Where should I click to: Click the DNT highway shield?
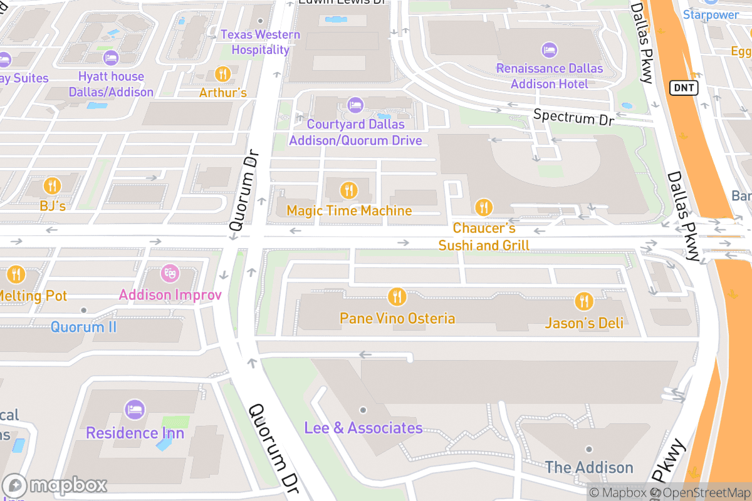click(x=684, y=88)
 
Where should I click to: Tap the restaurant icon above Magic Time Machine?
click(x=348, y=190)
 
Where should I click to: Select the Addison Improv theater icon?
click(x=170, y=274)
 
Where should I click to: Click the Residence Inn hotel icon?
click(x=135, y=410)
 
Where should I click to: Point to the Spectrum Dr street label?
click(x=573, y=117)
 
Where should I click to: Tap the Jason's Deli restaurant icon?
click(x=584, y=302)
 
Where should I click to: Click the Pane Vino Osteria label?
click(x=397, y=318)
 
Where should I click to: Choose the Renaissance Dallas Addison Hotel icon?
click(x=550, y=49)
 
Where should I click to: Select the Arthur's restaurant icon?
click(x=222, y=75)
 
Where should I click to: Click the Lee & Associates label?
click(x=363, y=428)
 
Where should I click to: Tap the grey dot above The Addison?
click(x=589, y=449)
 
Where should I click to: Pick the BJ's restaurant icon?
click(x=52, y=185)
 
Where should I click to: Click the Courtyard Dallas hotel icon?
click(x=355, y=103)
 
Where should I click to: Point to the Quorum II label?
click(x=83, y=326)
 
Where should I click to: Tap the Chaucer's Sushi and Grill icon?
click(x=483, y=207)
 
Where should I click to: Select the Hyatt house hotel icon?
click(x=111, y=58)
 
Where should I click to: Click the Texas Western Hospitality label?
click(x=260, y=42)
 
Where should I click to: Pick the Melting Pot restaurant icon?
click(x=16, y=274)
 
